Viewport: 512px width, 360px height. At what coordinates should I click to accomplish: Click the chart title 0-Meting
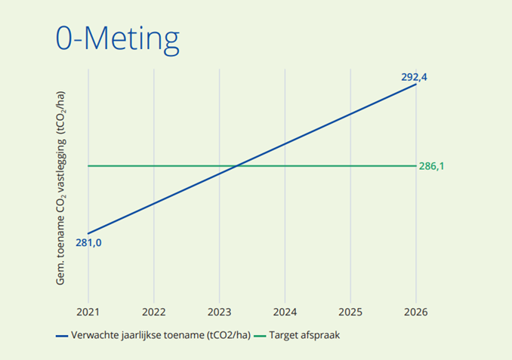click(x=118, y=38)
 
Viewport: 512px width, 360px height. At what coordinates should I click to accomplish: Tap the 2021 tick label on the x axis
click(x=88, y=310)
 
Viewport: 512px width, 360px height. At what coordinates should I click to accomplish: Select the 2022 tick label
click(x=153, y=310)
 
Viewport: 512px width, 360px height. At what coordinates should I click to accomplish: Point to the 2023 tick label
click(x=219, y=310)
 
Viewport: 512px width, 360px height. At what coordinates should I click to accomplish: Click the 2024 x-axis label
click(x=285, y=310)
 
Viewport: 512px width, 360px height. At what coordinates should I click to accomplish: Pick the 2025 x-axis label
click(x=350, y=310)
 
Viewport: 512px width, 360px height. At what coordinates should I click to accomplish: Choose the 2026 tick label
click(x=416, y=310)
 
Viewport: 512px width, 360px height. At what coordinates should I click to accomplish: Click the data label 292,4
click(x=415, y=76)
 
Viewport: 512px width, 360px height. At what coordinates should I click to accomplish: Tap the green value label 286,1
click(x=431, y=166)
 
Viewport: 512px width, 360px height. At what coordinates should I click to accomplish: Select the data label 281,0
click(x=88, y=243)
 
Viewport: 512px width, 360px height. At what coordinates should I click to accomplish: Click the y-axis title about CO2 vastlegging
click(x=61, y=188)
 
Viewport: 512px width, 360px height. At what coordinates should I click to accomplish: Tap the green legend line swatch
click(x=263, y=334)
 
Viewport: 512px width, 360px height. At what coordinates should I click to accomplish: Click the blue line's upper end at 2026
click(x=416, y=84)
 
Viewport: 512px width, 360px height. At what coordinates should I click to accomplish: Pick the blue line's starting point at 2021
click(x=88, y=233)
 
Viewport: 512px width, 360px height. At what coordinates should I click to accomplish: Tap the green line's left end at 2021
click(x=88, y=165)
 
